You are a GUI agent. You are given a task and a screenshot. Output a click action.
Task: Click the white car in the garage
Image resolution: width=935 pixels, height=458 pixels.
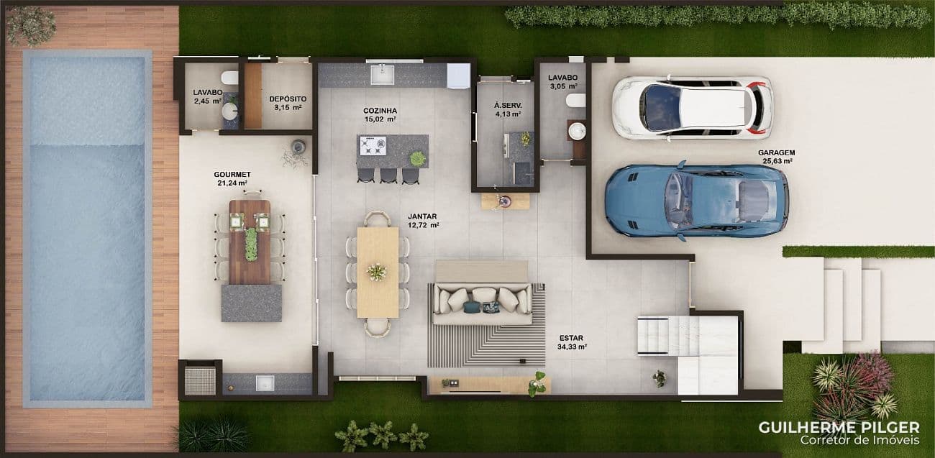[693, 108]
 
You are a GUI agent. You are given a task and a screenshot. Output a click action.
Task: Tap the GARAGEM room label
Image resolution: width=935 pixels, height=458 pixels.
[776, 152]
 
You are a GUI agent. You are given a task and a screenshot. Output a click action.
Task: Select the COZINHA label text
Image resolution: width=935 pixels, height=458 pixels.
[380, 111]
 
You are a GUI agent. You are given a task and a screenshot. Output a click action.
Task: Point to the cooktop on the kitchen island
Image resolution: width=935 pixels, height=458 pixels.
[373, 145]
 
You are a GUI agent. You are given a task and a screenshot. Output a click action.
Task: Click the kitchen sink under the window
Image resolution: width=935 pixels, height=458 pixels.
[383, 74]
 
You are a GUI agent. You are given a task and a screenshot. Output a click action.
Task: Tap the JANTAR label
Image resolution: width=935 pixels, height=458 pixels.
[422, 216]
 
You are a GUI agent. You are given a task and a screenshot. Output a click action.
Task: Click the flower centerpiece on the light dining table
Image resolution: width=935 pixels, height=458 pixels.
[377, 272]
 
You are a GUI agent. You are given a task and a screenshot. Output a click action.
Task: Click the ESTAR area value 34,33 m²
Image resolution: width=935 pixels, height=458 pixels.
[572, 347]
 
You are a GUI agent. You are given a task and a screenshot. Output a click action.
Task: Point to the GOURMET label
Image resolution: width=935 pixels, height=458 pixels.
[232, 175]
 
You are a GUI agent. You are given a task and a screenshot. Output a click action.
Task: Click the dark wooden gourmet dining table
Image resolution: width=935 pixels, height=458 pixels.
[250, 242]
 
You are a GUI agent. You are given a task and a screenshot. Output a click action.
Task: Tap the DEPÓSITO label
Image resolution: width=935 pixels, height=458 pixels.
[288, 99]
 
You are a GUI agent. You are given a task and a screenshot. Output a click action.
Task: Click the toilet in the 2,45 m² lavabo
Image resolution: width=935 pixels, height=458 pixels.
[229, 78]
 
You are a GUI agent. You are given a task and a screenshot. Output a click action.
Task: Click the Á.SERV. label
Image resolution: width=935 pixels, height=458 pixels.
[508, 106]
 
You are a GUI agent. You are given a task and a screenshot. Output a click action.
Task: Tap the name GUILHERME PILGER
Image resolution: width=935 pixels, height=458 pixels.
[839, 428]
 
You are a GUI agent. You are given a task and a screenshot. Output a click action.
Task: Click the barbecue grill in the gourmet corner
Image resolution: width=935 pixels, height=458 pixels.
[200, 380]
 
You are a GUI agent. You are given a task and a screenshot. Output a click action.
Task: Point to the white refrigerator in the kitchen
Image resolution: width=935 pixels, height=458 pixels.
[459, 75]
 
